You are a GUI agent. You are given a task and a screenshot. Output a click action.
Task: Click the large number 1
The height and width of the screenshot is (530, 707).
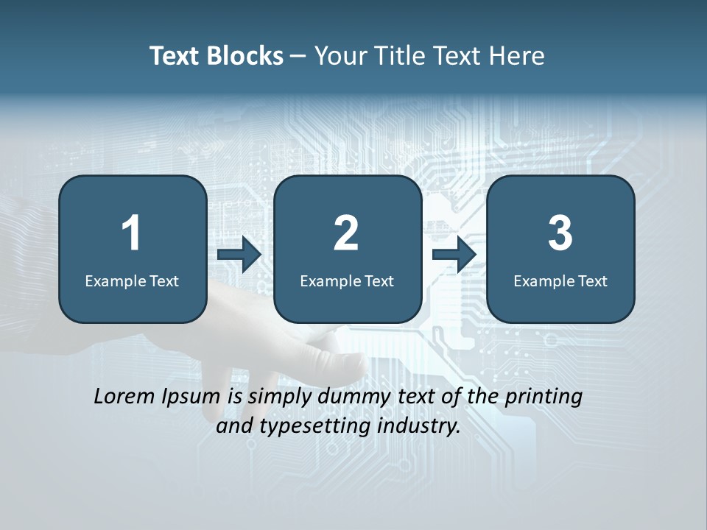tap(131, 233)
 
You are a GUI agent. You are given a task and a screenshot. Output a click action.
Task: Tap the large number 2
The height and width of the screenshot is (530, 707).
tap(346, 233)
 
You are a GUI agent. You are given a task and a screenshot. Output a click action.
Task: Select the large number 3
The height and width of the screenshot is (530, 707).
tap(560, 233)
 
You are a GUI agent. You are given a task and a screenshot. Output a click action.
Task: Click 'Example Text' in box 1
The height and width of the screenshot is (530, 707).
tap(132, 280)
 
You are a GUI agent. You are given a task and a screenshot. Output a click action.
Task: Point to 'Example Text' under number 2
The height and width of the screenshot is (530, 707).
tap(347, 280)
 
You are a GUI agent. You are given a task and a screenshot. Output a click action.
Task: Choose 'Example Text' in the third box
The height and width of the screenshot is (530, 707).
tap(560, 280)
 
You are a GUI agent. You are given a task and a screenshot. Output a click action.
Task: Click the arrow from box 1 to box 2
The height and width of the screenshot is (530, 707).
tap(239, 255)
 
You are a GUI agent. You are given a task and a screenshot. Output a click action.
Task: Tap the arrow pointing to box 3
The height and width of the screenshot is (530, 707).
tap(454, 255)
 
